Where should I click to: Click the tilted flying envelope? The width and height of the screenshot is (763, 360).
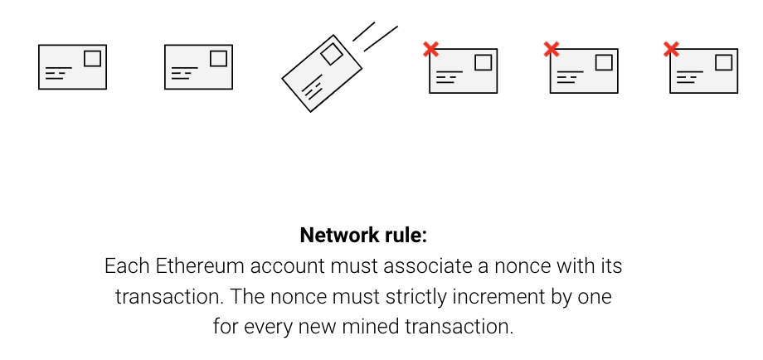(x=322, y=73)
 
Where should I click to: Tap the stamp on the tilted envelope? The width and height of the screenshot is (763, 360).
(x=332, y=55)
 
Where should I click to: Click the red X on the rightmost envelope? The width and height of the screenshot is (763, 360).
(x=672, y=50)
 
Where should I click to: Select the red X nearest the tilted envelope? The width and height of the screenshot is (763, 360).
(x=430, y=50)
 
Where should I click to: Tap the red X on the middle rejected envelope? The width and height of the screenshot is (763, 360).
(x=552, y=50)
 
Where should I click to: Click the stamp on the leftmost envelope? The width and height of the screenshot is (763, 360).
(x=93, y=57)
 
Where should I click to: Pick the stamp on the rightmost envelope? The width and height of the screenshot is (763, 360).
(x=724, y=61)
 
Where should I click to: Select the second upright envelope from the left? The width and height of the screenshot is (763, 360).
(x=198, y=67)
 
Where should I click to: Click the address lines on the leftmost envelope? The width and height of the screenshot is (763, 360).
(x=56, y=73)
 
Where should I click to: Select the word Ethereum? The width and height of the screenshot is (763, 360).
(x=188, y=267)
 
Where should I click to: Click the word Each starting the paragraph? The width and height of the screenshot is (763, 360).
(x=123, y=267)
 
